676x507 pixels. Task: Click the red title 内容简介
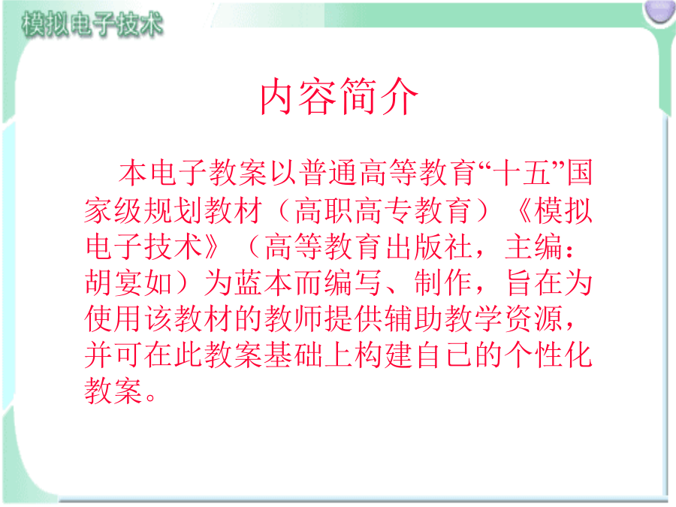tap(339, 96)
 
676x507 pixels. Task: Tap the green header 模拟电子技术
tap(92, 23)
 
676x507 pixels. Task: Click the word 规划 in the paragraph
tap(174, 210)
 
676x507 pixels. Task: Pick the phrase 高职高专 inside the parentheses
tap(354, 210)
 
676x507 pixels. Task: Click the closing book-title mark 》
tap(212, 246)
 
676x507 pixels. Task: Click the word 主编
tap(534, 246)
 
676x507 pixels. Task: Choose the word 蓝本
tap(264, 282)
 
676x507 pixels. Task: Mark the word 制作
tap(443, 282)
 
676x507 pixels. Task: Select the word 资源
tap(534, 318)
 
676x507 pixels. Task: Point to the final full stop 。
tap(150, 397)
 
